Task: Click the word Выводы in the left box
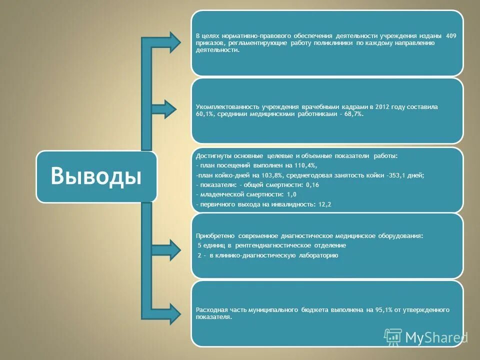coord(96,176)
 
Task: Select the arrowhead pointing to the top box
coord(173,42)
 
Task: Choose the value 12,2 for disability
coord(324,204)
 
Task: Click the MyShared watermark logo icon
coord(392,337)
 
